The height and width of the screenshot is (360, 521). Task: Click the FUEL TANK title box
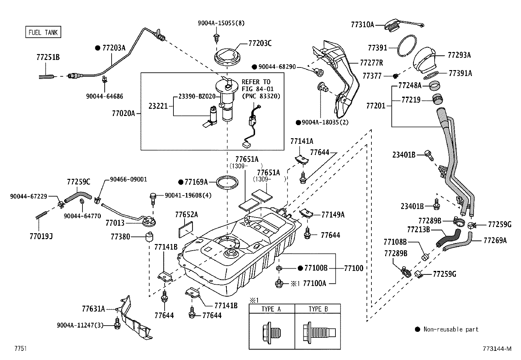tap(43, 32)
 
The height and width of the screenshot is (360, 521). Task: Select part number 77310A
tap(362, 24)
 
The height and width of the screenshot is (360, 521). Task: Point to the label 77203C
tap(260, 43)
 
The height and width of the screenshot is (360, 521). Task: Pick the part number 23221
tap(158, 106)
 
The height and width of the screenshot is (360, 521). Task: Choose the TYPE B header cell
tap(318, 309)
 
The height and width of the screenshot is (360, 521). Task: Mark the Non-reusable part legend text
tap(451, 329)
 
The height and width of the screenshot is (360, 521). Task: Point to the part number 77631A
tap(93, 309)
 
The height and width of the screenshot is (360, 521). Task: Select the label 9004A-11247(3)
tap(80, 325)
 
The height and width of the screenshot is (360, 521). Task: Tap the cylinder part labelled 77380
tap(150, 237)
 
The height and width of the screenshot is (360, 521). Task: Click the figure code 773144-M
tap(496, 349)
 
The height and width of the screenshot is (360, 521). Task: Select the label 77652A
tap(186, 215)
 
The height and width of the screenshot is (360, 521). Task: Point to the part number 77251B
tap(48, 57)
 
